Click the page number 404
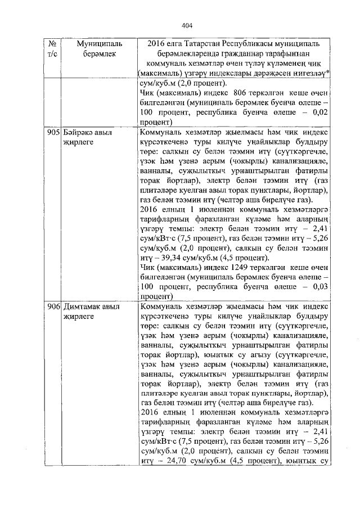(x=187, y=25)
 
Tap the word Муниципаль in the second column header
(x=85, y=43)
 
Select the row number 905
(x=52, y=132)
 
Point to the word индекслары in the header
(x=232, y=73)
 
